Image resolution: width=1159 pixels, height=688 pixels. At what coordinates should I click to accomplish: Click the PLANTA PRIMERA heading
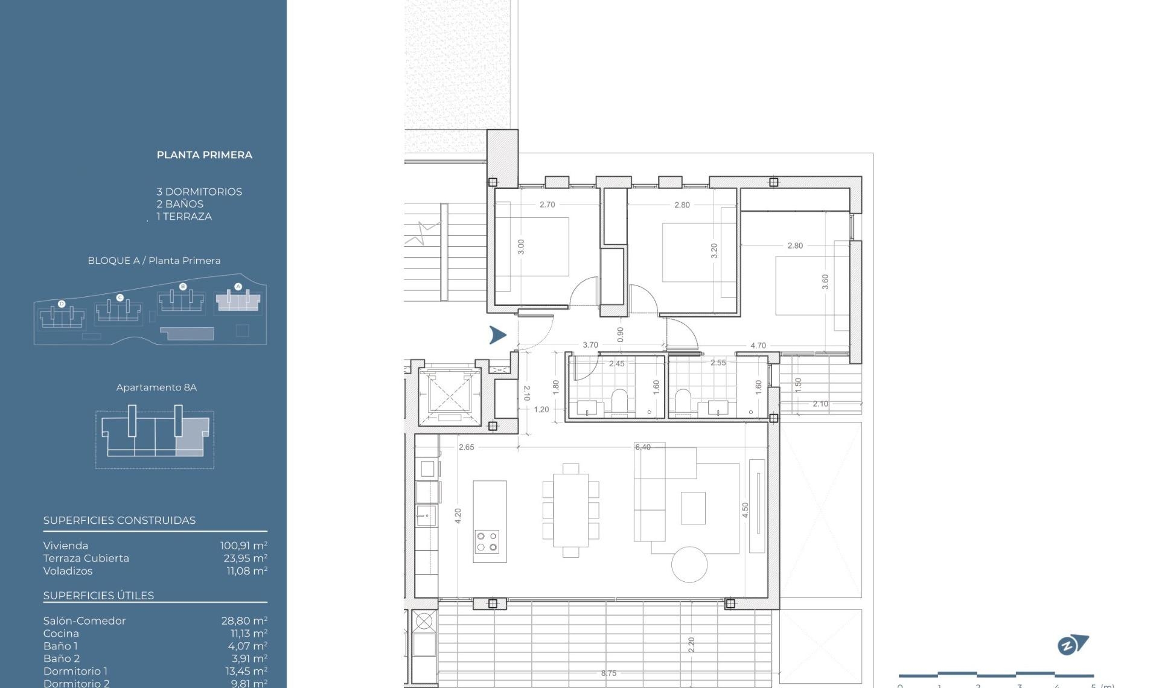[x=204, y=155]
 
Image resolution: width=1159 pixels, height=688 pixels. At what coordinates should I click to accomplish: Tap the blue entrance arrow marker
[x=497, y=335]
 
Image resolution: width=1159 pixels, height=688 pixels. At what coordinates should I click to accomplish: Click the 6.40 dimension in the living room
[x=642, y=447]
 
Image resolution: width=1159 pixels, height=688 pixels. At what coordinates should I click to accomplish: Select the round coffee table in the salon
[x=689, y=564]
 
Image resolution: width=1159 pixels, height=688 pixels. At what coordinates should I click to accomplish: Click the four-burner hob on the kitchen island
[x=487, y=541]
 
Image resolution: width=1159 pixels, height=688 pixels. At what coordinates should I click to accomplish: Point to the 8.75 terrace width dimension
[x=608, y=673]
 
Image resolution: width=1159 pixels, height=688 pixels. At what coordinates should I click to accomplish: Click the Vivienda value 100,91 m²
[x=243, y=546]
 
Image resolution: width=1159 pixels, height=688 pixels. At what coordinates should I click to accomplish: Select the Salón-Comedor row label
[x=85, y=621]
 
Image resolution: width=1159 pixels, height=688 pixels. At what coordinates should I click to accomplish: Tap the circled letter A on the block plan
[x=238, y=287]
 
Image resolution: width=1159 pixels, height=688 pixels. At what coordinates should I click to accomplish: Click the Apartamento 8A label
[x=156, y=387]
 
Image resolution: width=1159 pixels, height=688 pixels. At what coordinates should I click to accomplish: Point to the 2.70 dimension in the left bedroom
[x=547, y=205]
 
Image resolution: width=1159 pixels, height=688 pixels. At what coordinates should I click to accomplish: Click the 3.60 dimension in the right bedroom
[x=825, y=282]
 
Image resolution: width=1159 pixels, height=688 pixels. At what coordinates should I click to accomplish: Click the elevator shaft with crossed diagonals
[x=450, y=395]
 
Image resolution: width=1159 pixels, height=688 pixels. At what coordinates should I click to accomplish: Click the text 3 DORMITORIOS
[x=199, y=192]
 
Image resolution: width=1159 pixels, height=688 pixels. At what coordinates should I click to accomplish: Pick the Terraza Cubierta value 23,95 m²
[x=244, y=558]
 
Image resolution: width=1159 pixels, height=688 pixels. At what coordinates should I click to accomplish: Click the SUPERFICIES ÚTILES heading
[x=98, y=596]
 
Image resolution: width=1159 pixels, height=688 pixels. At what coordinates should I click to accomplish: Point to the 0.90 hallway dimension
[x=620, y=334]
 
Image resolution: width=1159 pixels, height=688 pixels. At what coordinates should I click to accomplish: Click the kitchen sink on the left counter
[x=426, y=516]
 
